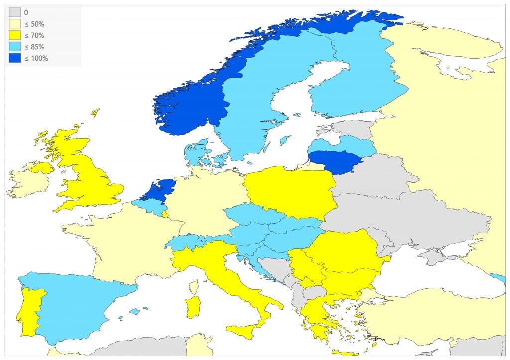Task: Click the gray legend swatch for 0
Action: (14, 13)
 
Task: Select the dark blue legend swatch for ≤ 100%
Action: (14, 58)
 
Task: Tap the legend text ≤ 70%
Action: (34, 36)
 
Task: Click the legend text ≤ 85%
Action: (34, 47)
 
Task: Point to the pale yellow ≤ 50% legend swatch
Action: (14, 24)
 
